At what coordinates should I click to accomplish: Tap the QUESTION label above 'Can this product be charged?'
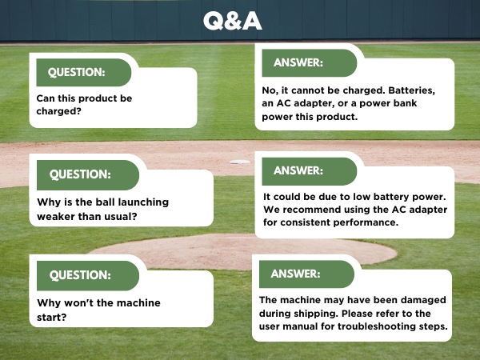point(77,72)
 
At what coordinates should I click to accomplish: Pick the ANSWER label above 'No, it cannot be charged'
point(298,62)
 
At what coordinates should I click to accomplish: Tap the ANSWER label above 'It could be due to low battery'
point(298,170)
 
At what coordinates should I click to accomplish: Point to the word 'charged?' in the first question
point(58,112)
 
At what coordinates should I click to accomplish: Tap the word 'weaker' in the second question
point(58,216)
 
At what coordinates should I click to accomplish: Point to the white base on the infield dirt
point(239,162)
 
